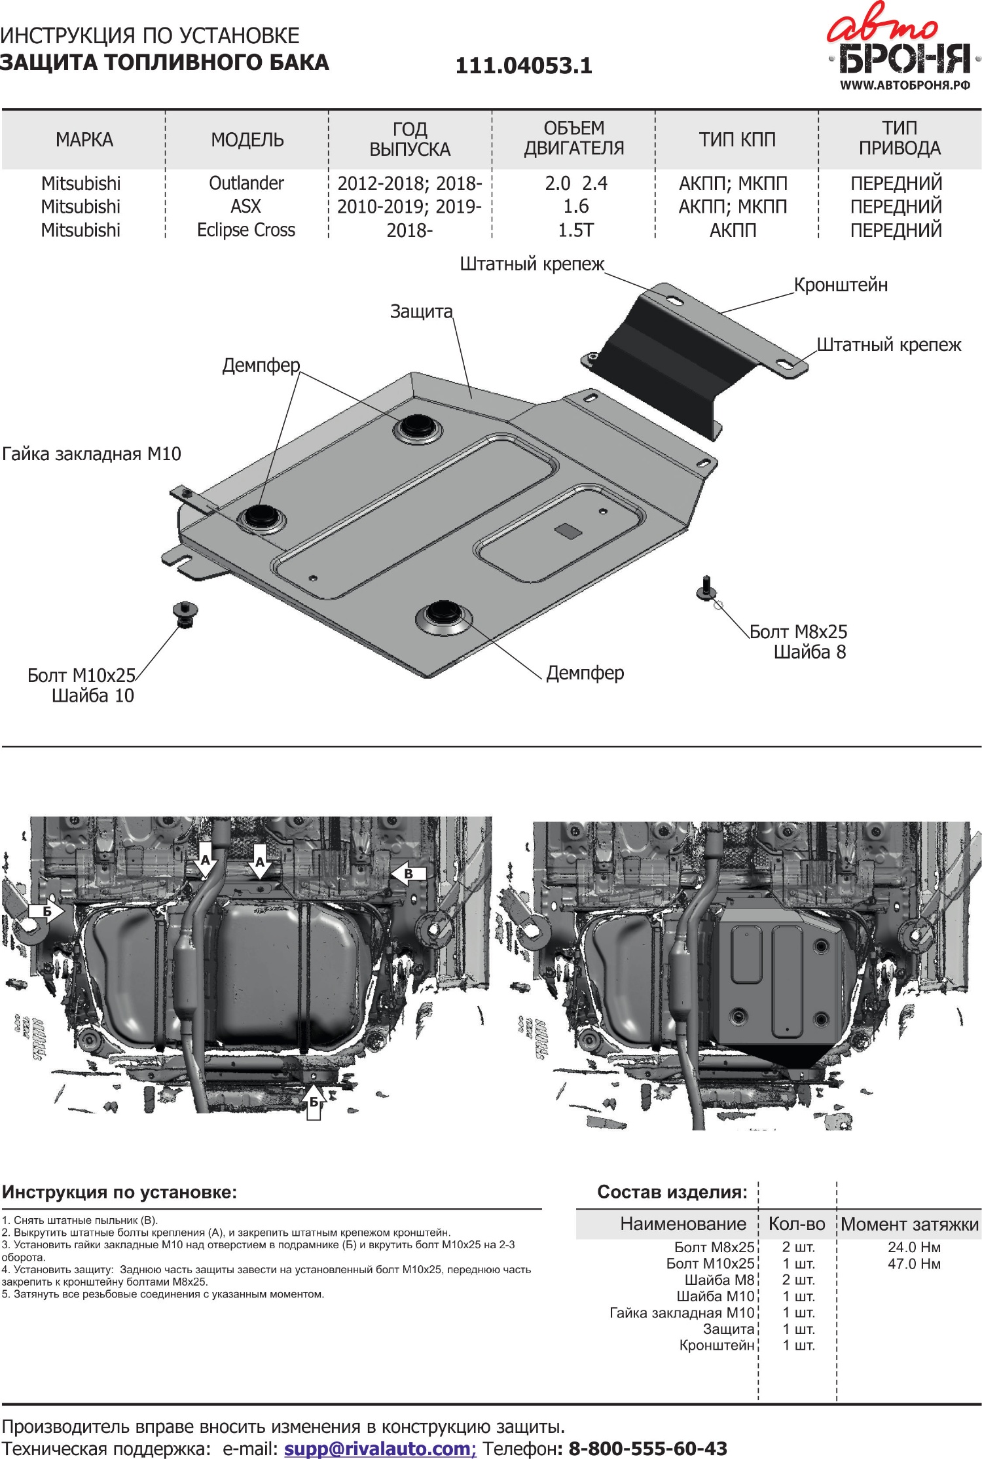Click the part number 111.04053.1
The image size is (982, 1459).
coord(524,65)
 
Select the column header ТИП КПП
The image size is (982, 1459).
coord(736,139)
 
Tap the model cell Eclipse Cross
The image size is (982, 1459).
coord(246,230)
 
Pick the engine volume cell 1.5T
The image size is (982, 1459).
coord(575,230)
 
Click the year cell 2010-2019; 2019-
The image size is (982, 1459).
coord(409,207)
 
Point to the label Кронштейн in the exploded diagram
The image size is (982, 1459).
coord(841,285)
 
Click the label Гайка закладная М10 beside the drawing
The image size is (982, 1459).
coord(92,454)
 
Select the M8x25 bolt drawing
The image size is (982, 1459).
coord(706,588)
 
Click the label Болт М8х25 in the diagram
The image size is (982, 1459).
coord(798,632)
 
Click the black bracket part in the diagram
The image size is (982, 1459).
coord(668,367)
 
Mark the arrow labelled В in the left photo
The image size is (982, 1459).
coord(409,873)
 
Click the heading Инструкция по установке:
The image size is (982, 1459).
coord(119,1192)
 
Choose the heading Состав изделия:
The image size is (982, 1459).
coord(672,1191)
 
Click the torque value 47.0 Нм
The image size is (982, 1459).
coord(914,1264)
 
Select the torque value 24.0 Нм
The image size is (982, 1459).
coord(914,1248)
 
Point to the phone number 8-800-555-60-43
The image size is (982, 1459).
coord(647,1448)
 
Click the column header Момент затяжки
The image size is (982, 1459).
coord(909,1224)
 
